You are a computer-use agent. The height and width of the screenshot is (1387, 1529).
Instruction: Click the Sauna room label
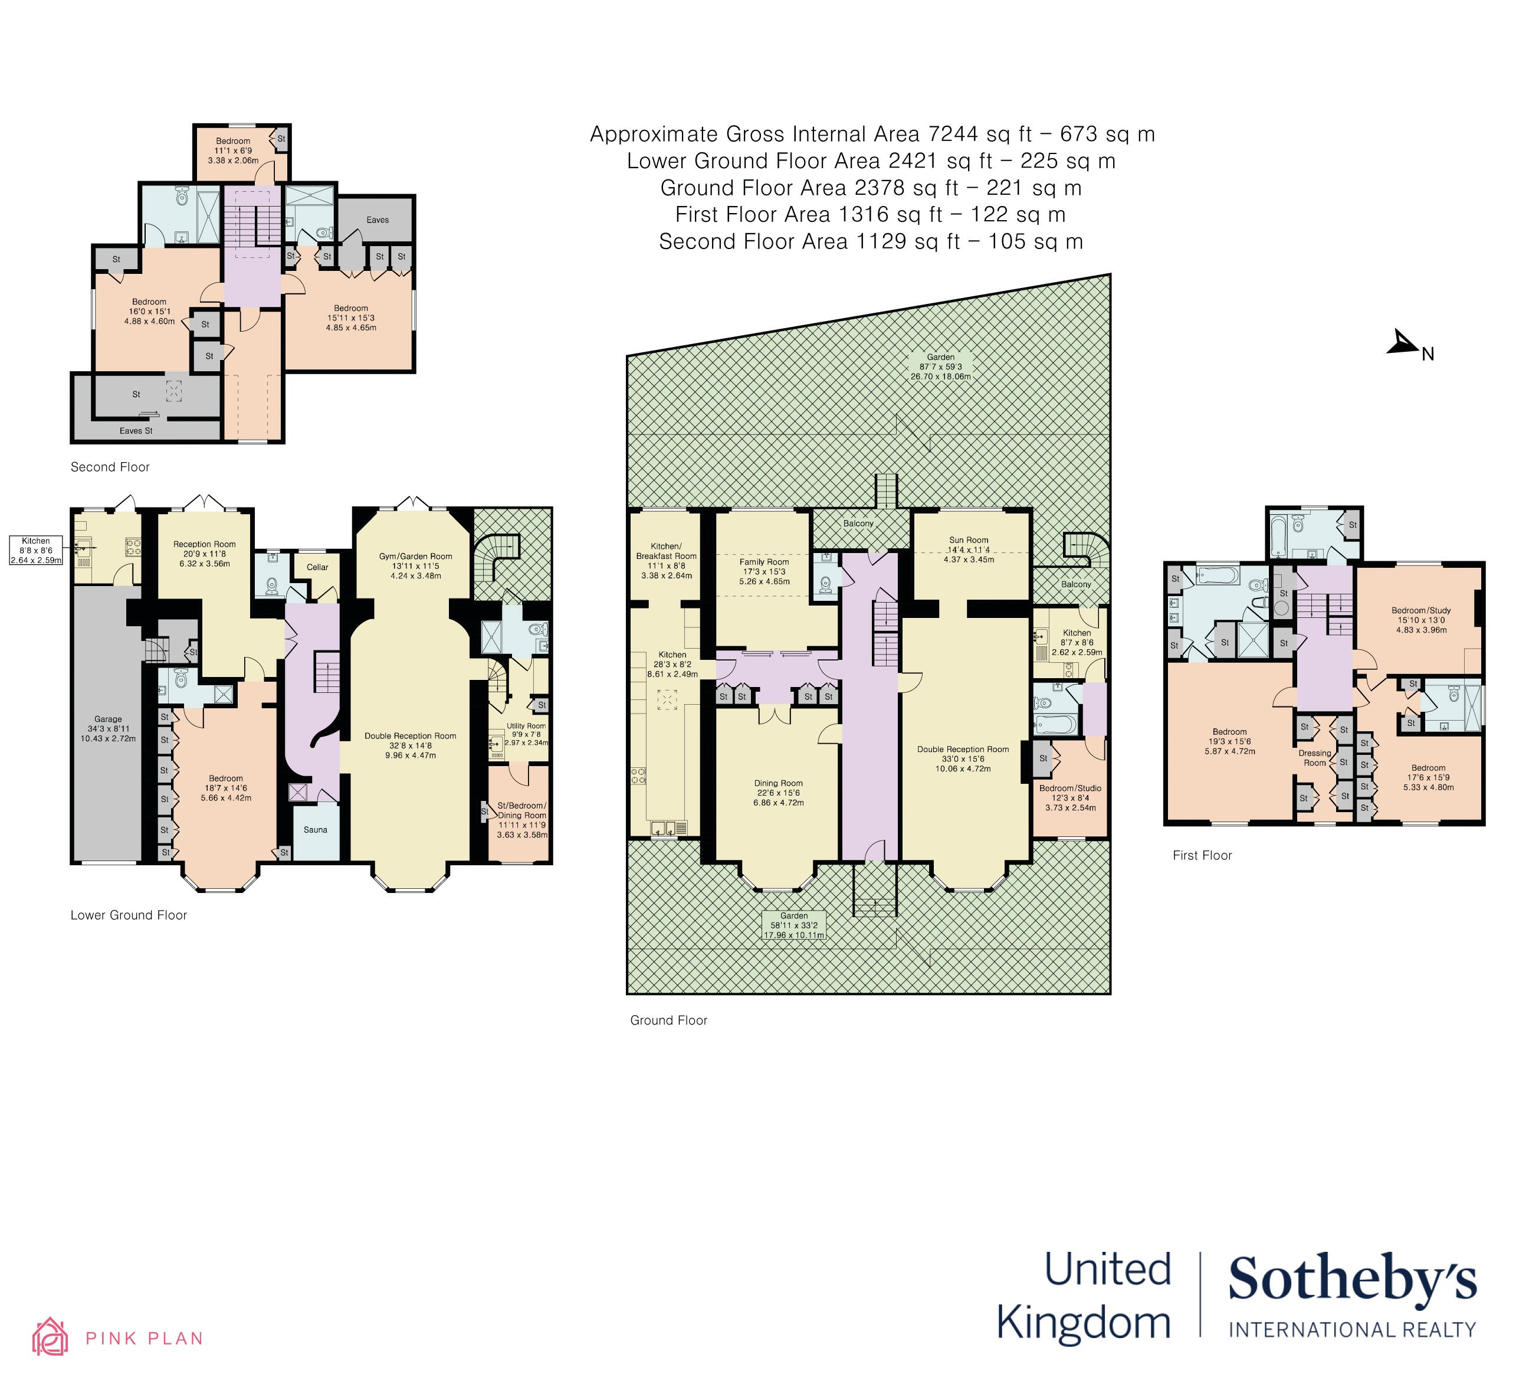click(x=316, y=829)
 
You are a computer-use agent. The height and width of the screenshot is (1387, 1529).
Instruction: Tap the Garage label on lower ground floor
click(x=109, y=718)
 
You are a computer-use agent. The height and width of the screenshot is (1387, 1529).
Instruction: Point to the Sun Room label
click(x=969, y=540)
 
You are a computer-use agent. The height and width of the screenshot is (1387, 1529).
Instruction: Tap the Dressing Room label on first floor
click(x=1314, y=758)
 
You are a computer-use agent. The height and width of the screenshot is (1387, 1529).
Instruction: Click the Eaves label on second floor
click(x=378, y=220)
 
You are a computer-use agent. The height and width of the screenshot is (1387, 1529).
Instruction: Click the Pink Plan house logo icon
click(x=50, y=1336)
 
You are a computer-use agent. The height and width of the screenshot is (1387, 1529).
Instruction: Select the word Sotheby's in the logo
click(x=1352, y=1278)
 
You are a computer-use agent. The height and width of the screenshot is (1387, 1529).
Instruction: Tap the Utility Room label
click(x=526, y=726)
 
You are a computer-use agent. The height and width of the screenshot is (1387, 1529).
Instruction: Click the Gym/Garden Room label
click(x=416, y=556)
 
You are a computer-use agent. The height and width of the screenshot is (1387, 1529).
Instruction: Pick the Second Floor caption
click(x=110, y=467)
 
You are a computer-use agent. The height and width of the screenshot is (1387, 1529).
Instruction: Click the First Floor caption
click(x=1202, y=855)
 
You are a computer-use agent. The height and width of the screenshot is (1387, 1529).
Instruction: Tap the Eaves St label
click(x=136, y=430)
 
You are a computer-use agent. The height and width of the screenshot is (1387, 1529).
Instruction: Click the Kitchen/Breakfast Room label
click(x=666, y=551)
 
